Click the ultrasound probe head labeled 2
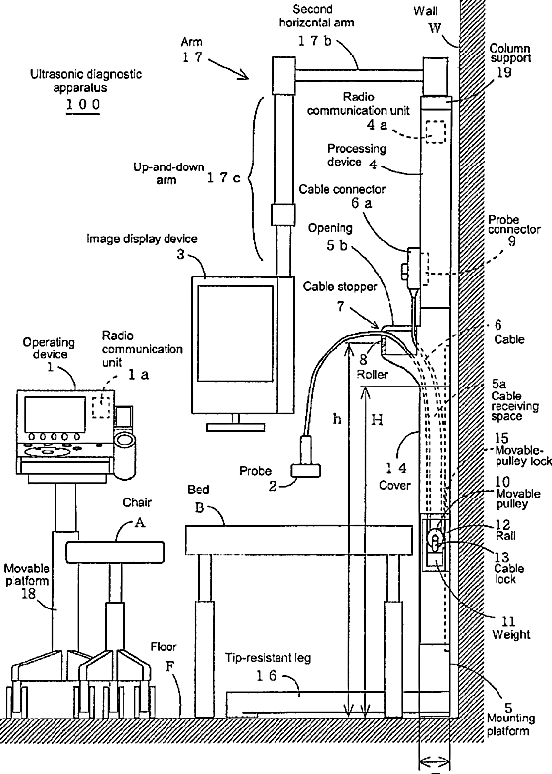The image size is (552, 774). [x=306, y=470]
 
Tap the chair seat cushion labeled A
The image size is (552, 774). [x=115, y=552]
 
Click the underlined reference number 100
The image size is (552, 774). [x=83, y=105]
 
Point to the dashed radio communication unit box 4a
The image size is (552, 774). [x=435, y=132]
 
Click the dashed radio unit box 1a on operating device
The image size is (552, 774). [x=102, y=405]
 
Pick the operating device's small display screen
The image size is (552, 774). [x=55, y=414]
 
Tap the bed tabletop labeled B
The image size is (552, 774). [x=298, y=540]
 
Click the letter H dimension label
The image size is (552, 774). [x=377, y=420]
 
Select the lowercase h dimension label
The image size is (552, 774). [x=337, y=419]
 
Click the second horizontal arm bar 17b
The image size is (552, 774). [x=359, y=75]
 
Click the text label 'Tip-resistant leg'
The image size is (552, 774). [x=269, y=658]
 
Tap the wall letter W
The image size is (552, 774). [x=434, y=28]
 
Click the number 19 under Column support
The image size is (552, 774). [x=504, y=72]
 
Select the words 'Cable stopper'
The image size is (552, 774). [x=340, y=286]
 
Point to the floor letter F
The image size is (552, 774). [x=170, y=666]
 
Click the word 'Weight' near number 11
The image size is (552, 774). [x=511, y=635]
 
